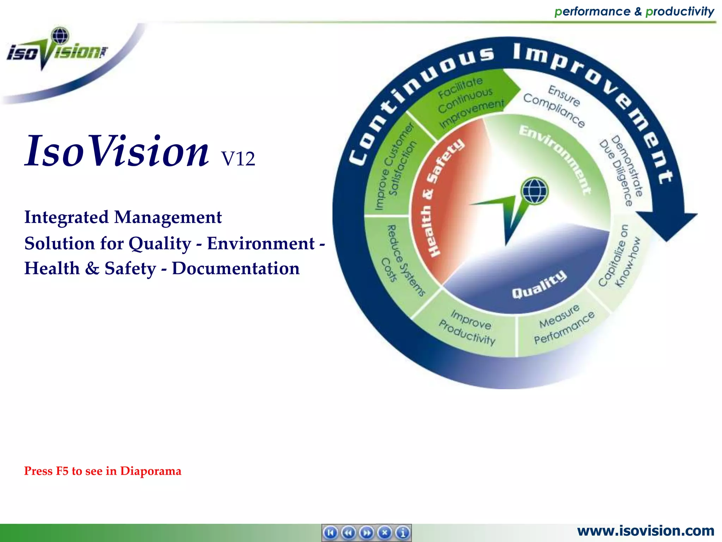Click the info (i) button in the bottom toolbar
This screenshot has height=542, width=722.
click(403, 532)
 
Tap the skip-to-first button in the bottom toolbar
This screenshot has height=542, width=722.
click(330, 532)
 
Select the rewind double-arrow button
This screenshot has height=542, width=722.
click(349, 532)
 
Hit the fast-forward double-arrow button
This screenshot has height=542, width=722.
click(367, 532)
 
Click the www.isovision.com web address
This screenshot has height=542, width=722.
click(645, 531)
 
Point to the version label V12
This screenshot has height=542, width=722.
click(238, 159)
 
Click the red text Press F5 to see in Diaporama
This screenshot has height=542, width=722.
click(103, 471)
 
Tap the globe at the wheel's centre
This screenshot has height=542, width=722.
click(535, 191)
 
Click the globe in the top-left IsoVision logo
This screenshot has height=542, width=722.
click(60, 36)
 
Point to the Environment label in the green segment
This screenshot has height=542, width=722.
click(555, 159)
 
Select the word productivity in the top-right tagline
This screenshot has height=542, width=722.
click(680, 11)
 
